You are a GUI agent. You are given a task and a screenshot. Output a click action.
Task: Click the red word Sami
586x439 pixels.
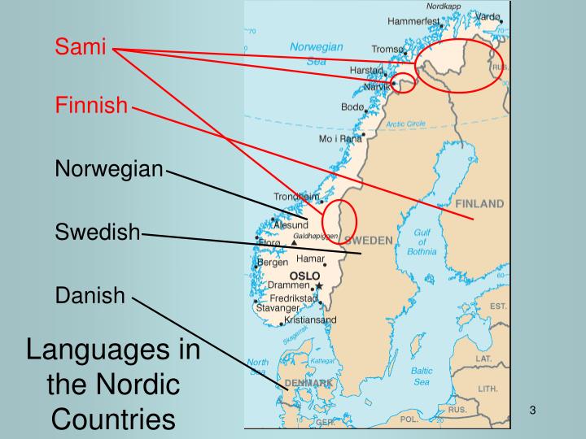click(x=81, y=47)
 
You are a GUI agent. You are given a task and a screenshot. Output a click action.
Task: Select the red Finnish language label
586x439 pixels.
click(x=91, y=105)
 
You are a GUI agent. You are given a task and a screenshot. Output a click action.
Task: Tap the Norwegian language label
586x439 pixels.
click(x=109, y=169)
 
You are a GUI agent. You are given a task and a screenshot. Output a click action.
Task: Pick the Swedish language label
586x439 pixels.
click(x=98, y=232)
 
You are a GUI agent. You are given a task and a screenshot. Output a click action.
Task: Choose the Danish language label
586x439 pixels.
click(x=90, y=294)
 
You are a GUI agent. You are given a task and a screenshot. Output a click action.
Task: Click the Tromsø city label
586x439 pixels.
click(x=387, y=49)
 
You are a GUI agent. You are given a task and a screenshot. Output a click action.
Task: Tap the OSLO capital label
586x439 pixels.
click(x=304, y=276)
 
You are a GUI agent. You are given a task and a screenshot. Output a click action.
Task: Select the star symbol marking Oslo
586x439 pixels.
click(x=319, y=286)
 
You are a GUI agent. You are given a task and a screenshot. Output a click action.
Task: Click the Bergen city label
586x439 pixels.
click(x=273, y=263)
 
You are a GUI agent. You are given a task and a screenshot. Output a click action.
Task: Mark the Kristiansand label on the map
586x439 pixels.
click(x=310, y=319)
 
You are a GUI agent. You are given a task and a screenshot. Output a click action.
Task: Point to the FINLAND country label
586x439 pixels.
click(x=479, y=203)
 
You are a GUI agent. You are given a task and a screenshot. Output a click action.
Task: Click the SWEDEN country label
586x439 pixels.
click(x=369, y=240)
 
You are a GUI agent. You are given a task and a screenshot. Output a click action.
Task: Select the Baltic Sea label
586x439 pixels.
click(x=422, y=376)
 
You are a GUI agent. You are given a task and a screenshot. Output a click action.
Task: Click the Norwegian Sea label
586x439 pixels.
click(x=316, y=54)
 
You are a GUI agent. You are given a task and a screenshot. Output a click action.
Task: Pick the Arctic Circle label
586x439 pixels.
click(x=405, y=124)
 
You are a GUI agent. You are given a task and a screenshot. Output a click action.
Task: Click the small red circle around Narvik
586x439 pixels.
click(x=403, y=83)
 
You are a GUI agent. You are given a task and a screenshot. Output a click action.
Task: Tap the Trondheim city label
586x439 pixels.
click(x=296, y=197)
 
